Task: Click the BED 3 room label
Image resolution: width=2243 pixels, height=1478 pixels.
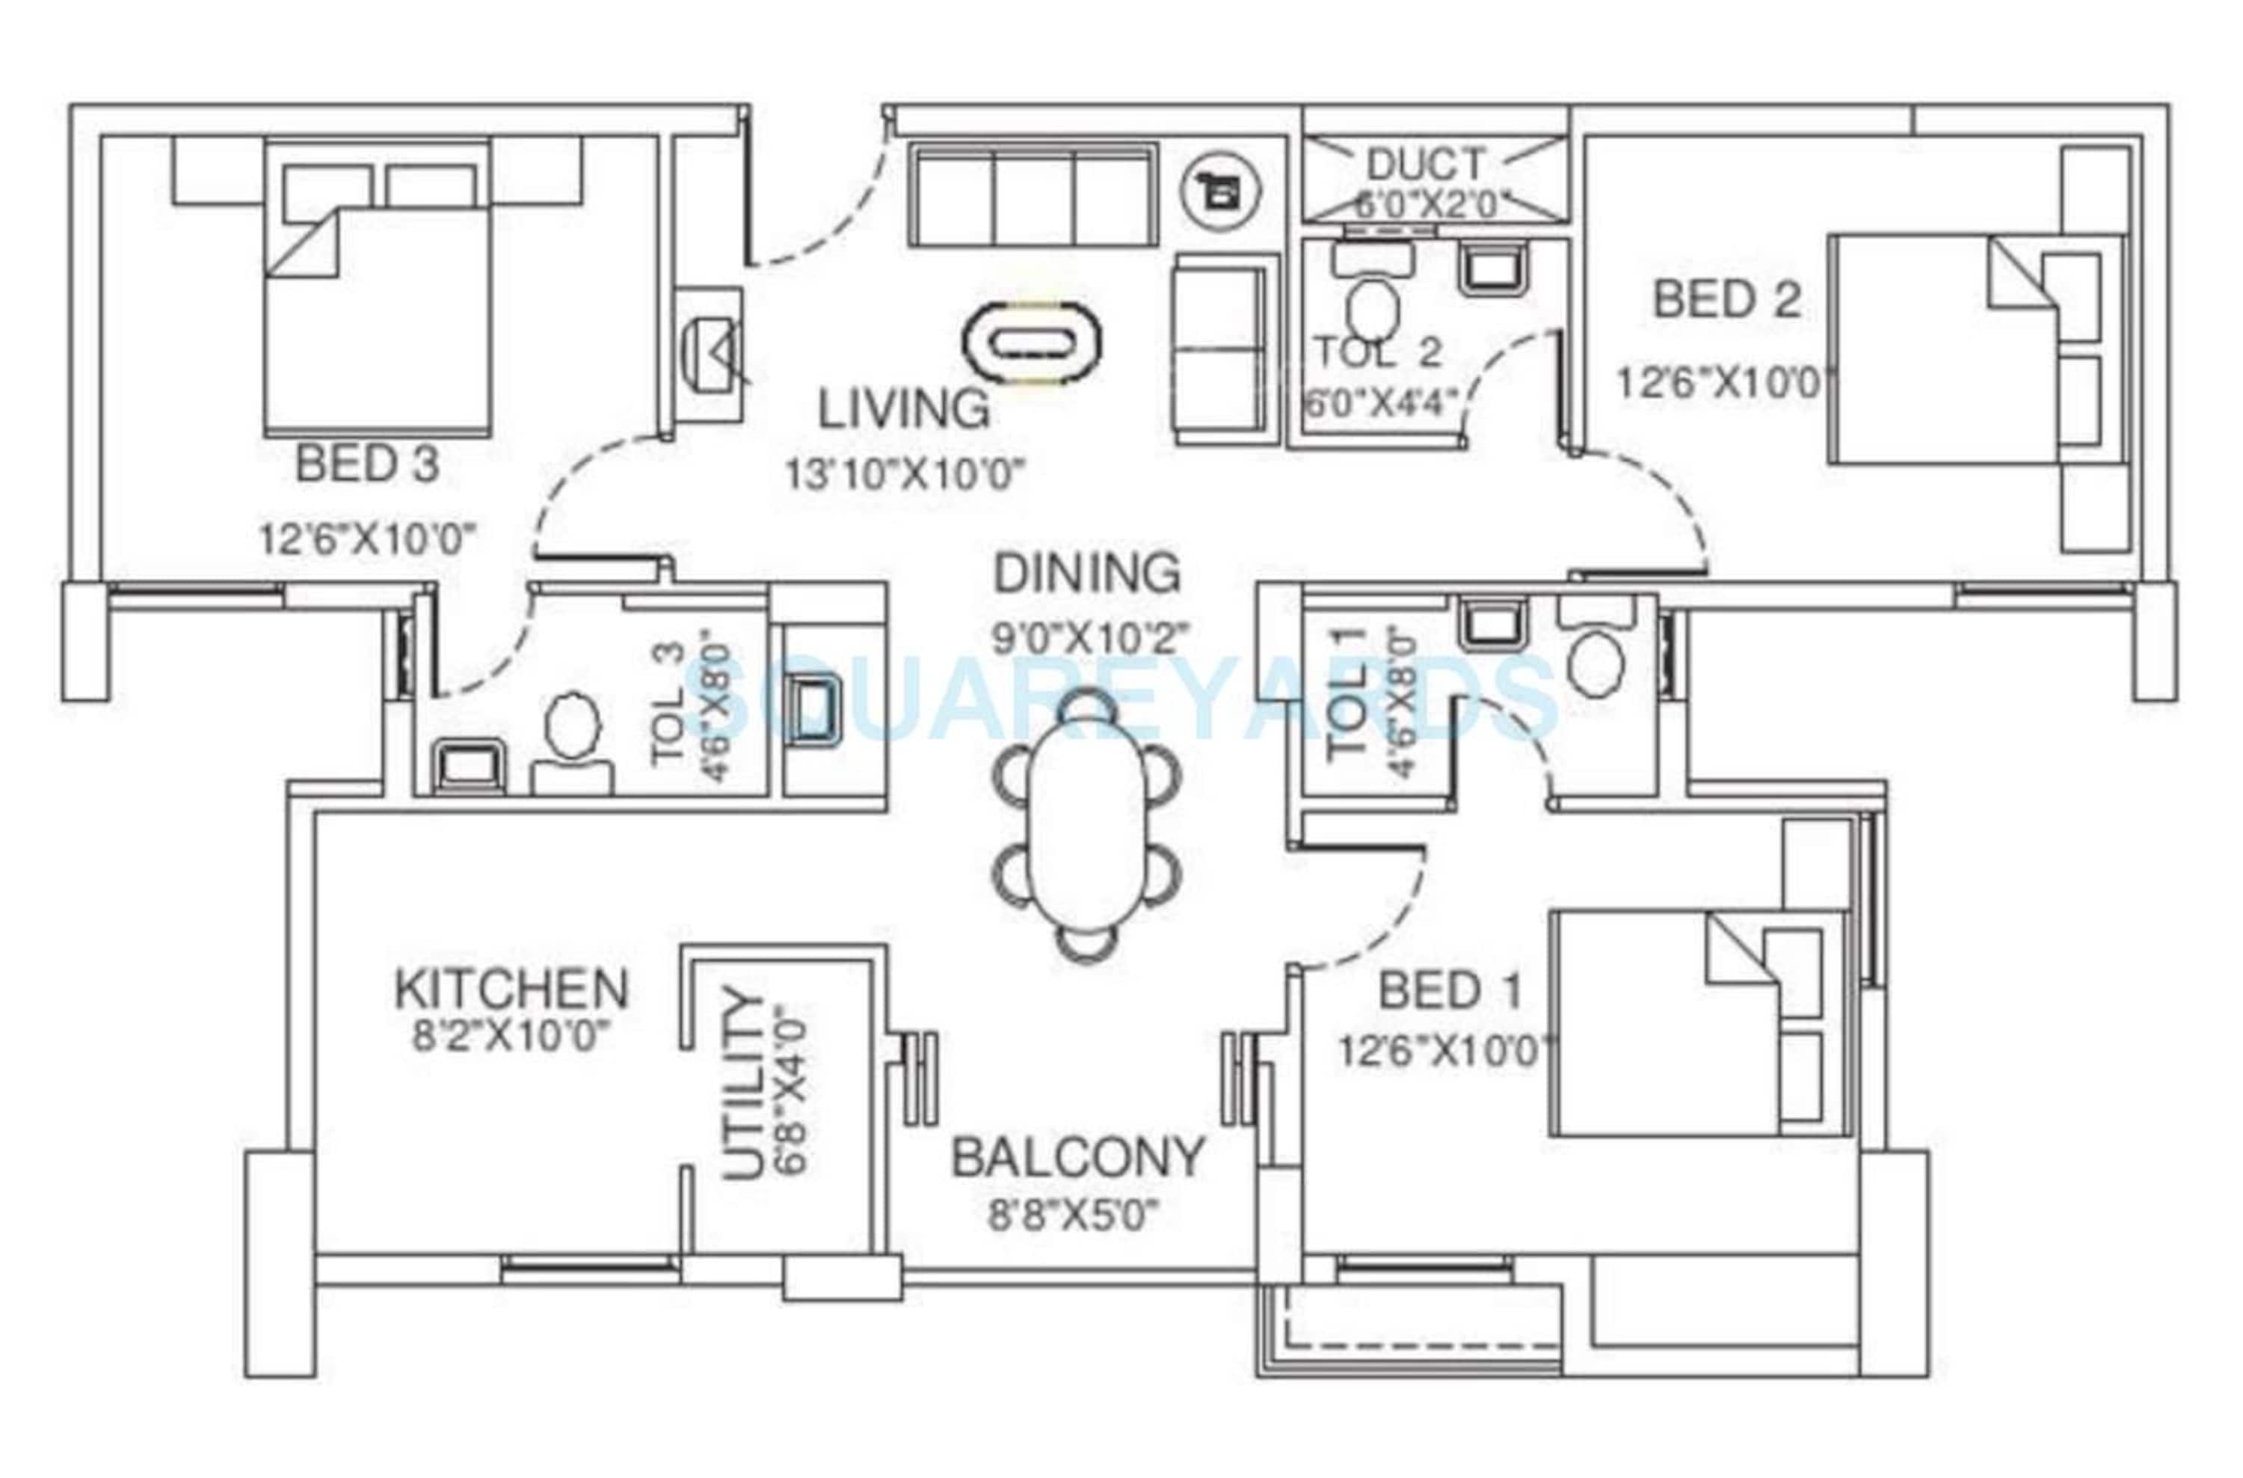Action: click(x=368, y=464)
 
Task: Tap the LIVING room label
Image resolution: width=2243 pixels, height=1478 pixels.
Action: click(x=903, y=410)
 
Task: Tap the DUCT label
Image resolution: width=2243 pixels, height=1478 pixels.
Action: click(x=1425, y=165)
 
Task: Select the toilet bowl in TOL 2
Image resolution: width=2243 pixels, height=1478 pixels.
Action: click(x=1372, y=307)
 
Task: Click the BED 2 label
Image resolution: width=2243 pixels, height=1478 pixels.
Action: click(x=1726, y=300)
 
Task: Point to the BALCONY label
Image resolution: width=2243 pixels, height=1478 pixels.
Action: click(x=1078, y=1158)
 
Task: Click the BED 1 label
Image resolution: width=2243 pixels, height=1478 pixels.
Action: click(x=1450, y=990)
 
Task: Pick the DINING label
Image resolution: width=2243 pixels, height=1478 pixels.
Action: click(x=1086, y=573)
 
